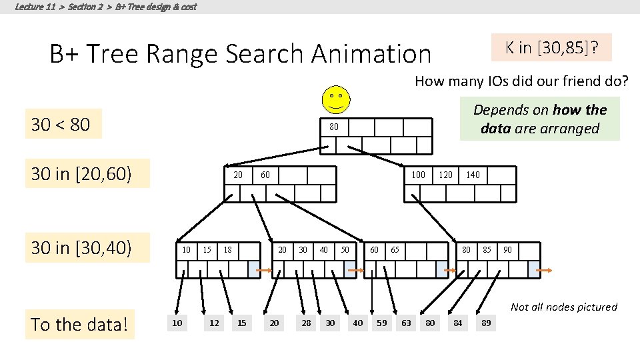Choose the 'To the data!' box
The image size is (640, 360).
point(79,325)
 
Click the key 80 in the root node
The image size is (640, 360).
point(333,126)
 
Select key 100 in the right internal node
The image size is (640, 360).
point(417,175)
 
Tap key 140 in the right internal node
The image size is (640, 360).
point(473,175)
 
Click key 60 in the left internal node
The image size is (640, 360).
point(265,175)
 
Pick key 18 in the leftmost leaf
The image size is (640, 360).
point(227,250)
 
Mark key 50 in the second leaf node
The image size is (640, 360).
point(345,250)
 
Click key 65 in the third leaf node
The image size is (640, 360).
point(395,250)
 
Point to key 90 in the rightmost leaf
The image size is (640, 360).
point(508,250)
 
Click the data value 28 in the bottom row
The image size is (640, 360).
point(306,323)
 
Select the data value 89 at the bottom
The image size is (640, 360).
point(487,323)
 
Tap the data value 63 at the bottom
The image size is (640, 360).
point(406,323)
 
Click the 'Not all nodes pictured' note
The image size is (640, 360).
point(563,307)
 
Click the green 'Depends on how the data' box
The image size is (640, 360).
point(540,119)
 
